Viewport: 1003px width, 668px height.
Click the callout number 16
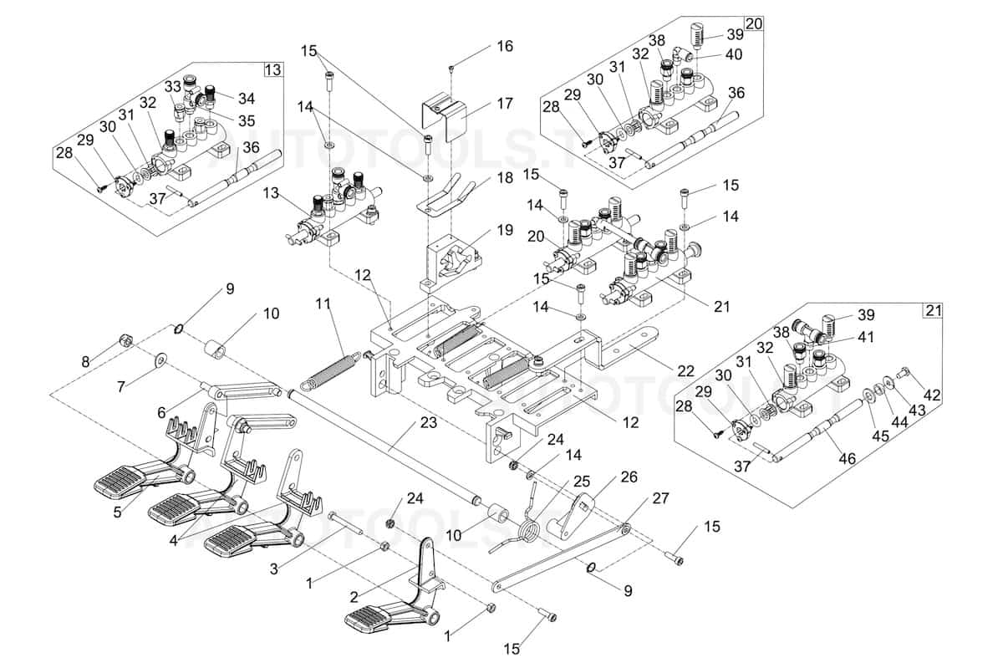504,46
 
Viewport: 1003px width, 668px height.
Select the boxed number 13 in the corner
272,69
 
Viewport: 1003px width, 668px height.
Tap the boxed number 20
753,23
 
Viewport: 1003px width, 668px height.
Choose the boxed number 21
932,310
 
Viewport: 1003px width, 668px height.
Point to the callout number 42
932,394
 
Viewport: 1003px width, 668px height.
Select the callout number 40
732,55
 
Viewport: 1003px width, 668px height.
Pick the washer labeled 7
159,359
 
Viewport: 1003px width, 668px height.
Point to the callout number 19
503,229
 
